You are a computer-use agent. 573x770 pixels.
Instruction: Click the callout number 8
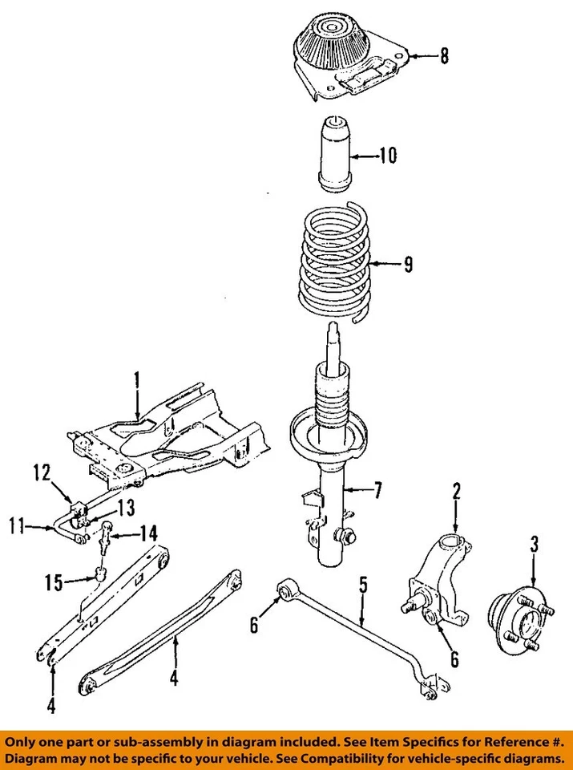(x=445, y=56)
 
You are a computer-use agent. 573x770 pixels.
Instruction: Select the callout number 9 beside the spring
(x=409, y=265)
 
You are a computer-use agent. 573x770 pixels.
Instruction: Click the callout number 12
(x=42, y=472)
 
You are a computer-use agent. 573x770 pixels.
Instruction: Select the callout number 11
(x=14, y=527)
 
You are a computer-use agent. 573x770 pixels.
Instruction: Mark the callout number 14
(x=149, y=531)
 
